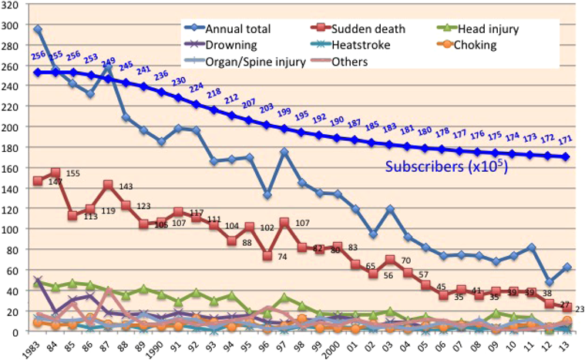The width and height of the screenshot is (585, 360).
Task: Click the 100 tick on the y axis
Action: point(11,230)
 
